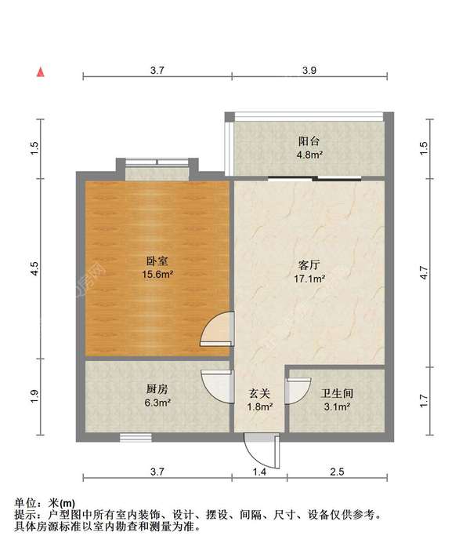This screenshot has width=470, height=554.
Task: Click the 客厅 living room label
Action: (310, 264)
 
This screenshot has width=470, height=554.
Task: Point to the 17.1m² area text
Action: (310, 278)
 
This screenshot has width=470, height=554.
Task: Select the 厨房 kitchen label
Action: (157, 389)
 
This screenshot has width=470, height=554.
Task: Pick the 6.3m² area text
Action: (157, 403)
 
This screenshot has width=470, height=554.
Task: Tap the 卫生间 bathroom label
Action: (336, 394)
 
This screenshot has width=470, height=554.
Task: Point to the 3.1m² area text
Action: (336, 407)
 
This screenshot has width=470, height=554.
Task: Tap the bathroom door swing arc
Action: (295, 391)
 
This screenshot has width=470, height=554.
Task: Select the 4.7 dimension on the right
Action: (424, 274)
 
